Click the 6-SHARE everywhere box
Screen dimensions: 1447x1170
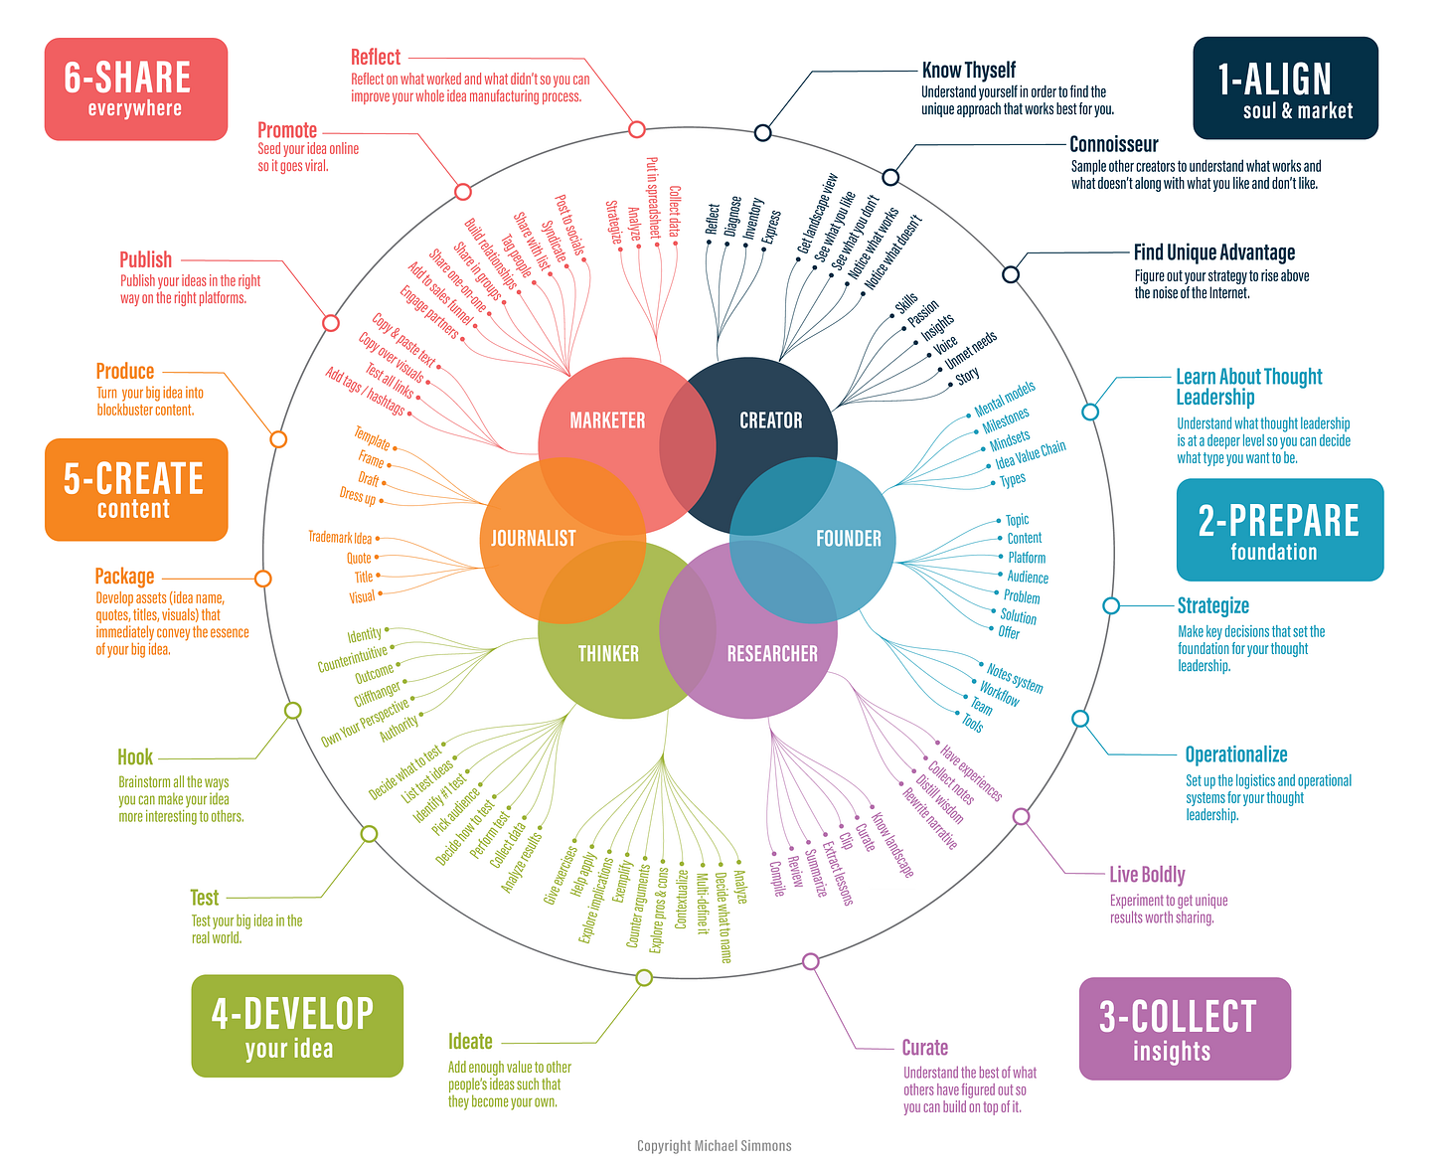coord(136,89)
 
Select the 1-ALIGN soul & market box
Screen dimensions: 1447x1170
coord(1285,88)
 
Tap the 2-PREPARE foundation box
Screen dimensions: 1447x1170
coord(1279,530)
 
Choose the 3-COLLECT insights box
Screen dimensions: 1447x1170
coord(1185,1028)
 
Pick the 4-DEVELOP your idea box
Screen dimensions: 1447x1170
coord(297,1025)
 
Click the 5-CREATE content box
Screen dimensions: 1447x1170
coord(136,489)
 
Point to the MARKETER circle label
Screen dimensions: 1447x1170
coord(607,420)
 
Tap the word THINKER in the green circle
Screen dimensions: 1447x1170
coord(608,653)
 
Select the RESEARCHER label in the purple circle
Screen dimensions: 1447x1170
coord(772,653)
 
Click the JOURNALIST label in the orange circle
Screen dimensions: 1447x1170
coord(534,538)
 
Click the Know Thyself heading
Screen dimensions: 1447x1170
coord(968,70)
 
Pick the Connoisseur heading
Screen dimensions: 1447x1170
coord(1113,144)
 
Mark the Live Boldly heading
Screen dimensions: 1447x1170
coord(1147,875)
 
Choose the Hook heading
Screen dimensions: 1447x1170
coord(135,756)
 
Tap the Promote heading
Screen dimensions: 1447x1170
coord(287,130)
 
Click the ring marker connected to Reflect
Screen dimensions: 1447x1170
coord(637,129)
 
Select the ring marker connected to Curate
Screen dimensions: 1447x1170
coord(811,961)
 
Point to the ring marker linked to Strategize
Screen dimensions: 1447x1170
coord(1111,605)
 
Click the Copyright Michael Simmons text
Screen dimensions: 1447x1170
coord(714,1145)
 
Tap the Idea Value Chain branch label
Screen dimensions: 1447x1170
coord(1030,454)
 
